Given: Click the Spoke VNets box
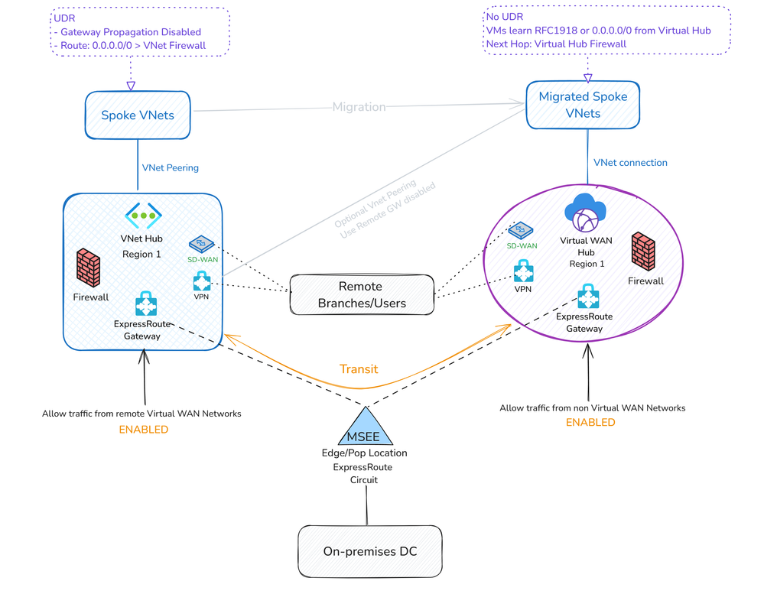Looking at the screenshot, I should [x=138, y=115].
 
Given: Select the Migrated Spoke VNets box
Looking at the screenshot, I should [x=583, y=105].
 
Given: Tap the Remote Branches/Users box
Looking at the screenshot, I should [x=361, y=294].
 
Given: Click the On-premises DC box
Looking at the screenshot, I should [x=369, y=551].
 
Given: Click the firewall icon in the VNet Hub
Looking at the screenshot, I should [x=89, y=268].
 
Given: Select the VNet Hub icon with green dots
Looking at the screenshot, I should [x=142, y=216].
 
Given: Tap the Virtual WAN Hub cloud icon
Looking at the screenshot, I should [x=584, y=213].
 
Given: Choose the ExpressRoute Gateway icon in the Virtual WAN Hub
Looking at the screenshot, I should [x=587, y=296].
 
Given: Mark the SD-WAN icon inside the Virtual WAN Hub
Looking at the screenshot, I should [x=522, y=230].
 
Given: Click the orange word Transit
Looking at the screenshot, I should [x=359, y=368].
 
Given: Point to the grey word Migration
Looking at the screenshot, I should [x=359, y=107].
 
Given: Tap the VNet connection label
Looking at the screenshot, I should [x=630, y=162].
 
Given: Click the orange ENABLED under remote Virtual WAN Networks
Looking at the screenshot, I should [x=143, y=430].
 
